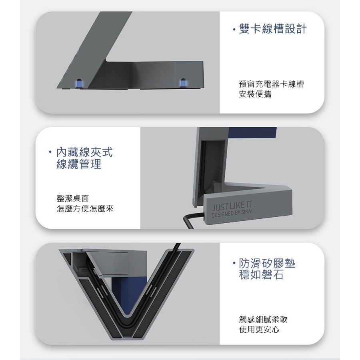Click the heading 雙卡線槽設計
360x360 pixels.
(273, 29)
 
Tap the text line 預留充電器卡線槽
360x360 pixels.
(271, 84)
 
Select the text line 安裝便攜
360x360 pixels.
(255, 94)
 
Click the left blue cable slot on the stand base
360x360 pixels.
(79, 84)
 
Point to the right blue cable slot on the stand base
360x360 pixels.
(183, 83)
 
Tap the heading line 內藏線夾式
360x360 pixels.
(84, 152)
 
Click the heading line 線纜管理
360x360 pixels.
(79, 164)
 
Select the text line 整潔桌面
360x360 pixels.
(72, 198)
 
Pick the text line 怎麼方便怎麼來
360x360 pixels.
(85, 208)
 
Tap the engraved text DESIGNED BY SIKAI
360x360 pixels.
(232, 214)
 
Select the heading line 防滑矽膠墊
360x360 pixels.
(267, 263)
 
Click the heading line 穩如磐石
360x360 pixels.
(261, 275)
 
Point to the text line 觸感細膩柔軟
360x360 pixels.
(263, 319)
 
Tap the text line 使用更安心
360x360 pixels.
(259, 330)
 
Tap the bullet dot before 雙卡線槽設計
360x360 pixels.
(234, 29)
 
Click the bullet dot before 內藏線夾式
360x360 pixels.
(50, 152)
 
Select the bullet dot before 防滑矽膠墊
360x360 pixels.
(234, 263)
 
